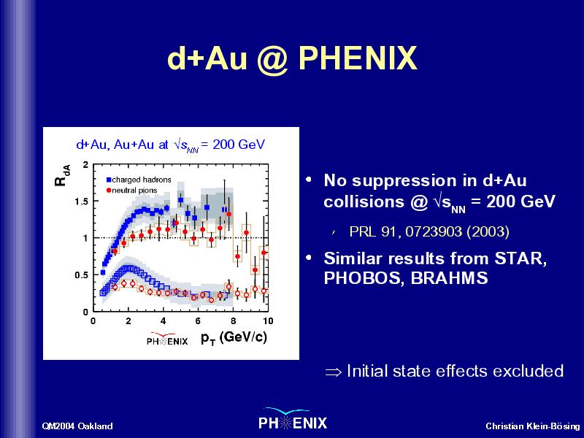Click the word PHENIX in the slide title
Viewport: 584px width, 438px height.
pos(358,58)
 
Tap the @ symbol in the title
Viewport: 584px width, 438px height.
pos(272,60)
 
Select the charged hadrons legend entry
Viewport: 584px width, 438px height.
pos(139,180)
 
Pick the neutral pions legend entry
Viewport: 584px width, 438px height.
pos(132,191)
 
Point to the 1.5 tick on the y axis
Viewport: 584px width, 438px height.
pos(81,201)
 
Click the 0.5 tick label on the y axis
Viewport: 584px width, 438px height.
pos(81,275)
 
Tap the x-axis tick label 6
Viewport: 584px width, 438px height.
pos(198,321)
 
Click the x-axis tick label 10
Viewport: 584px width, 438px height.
pos(268,321)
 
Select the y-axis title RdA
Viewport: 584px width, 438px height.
pos(62,175)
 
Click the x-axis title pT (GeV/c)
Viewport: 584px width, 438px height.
pos(234,338)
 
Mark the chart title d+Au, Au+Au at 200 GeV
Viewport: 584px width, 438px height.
pos(171,145)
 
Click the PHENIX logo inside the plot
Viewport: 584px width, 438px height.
pos(167,339)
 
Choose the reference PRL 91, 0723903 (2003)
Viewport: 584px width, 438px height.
pos(429,231)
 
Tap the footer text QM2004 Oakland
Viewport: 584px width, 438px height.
pos(77,426)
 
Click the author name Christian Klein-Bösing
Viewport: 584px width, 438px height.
pos(533,426)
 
